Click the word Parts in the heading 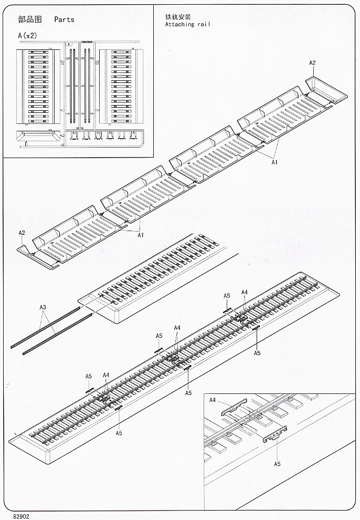[64, 19]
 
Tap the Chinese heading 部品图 [29, 19]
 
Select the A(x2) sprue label [27, 36]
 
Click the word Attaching [179, 24]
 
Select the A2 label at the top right [312, 63]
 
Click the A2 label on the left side [22, 233]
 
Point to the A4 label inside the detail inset [213, 400]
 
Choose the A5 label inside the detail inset [277, 464]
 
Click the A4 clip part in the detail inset [234, 405]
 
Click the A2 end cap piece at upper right [326, 88]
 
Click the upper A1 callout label [274, 162]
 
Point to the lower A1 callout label [140, 235]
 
